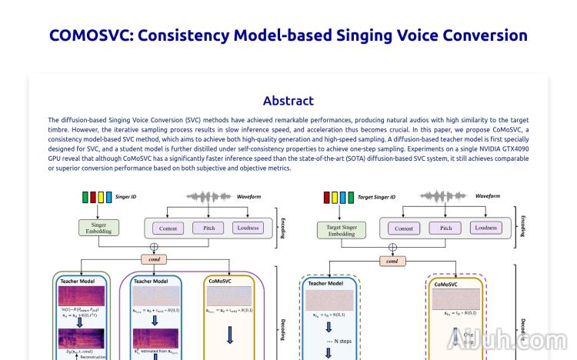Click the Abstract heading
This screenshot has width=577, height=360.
tap(288, 101)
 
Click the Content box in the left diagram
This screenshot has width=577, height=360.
tap(168, 228)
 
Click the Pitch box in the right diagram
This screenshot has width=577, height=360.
tap(445, 228)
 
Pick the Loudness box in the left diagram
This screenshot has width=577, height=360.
tap(248, 228)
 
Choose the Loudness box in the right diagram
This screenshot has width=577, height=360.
tap(486, 228)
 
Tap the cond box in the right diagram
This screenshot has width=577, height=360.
tap(392, 261)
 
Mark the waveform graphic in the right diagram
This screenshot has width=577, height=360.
tap(444, 196)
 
